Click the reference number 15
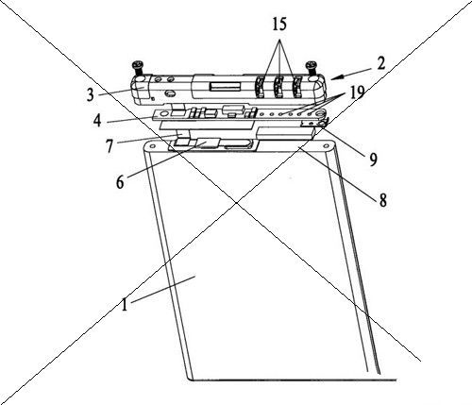(x=279, y=25)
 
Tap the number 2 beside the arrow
(x=381, y=63)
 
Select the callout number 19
(x=356, y=93)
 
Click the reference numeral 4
(x=97, y=121)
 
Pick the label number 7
(x=110, y=146)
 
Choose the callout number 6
(x=120, y=182)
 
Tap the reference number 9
(x=373, y=160)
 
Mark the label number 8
(x=382, y=200)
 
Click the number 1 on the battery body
(x=125, y=305)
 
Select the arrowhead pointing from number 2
(x=335, y=77)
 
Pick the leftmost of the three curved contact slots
(x=260, y=87)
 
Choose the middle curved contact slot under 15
(x=278, y=87)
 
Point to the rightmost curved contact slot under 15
(x=296, y=87)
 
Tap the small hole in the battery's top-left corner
(x=152, y=146)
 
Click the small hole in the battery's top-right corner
(x=326, y=145)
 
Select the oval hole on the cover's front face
(x=171, y=93)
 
